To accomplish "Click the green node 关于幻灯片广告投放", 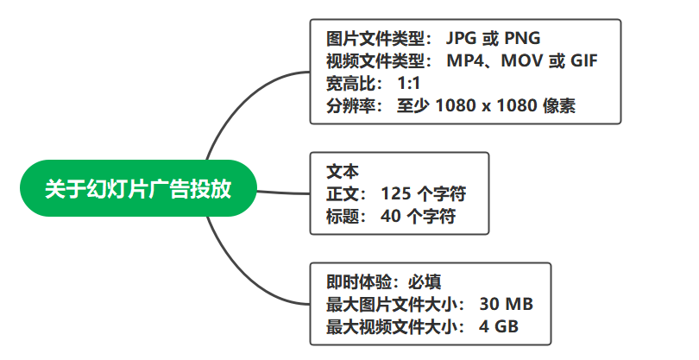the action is [x=139, y=188].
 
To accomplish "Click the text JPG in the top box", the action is [x=461, y=38].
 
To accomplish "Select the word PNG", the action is [x=522, y=38].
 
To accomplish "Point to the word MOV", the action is [x=520, y=60].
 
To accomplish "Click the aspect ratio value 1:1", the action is [x=409, y=83].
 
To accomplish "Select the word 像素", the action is [x=559, y=105].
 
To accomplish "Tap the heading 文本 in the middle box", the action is [x=343, y=171].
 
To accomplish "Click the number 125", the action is [x=396, y=193].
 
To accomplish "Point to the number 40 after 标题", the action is [x=391, y=216].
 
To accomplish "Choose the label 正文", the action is [x=343, y=193].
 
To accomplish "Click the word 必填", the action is [x=425, y=282].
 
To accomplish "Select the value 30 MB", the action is [x=507, y=304].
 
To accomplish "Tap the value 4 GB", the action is [x=499, y=326].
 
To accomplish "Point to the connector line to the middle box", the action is [x=284, y=193].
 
